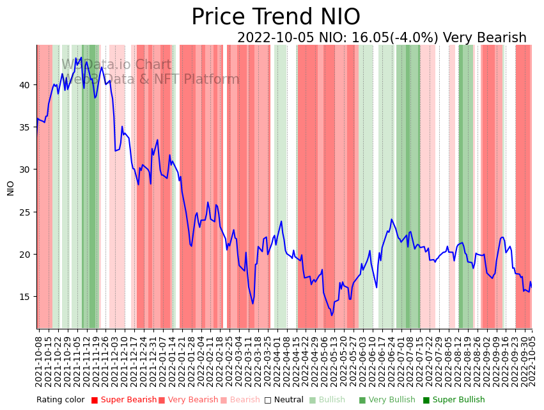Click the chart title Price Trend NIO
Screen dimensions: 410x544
(x=276, y=17)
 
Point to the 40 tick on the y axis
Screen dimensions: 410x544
(x=26, y=85)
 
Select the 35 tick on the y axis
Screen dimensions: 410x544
(x=26, y=127)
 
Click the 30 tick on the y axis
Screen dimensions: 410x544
(x=26, y=170)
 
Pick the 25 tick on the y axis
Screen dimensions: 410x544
(x=26, y=212)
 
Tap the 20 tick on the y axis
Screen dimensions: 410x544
(x=26, y=255)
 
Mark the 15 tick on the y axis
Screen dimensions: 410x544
(x=26, y=297)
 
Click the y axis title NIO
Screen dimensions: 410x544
(x=11, y=187)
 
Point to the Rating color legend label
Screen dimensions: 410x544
(x=60, y=400)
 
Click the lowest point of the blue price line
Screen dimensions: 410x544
(x=332, y=315)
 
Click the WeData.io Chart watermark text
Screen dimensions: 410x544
(x=116, y=65)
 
